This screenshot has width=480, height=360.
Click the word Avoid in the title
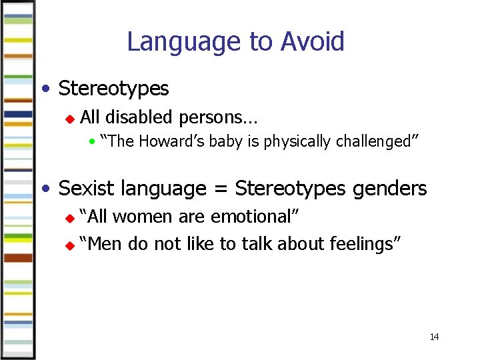313,41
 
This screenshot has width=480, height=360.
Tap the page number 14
434,337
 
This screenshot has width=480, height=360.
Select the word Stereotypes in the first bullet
114,89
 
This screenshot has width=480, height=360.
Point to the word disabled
139,117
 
